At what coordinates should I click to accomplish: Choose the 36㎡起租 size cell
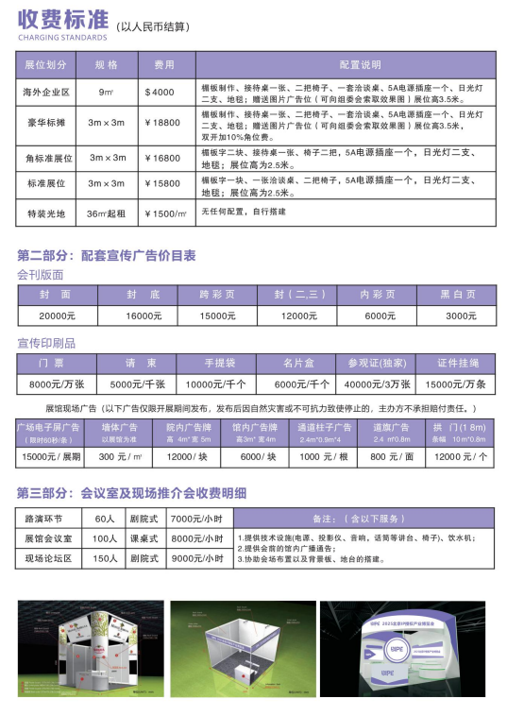pos(107,214)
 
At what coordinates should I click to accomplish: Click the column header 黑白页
pos(461,295)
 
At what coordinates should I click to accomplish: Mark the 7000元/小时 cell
pos(196,519)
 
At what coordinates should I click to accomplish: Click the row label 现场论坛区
pos(48,558)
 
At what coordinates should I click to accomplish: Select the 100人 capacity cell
pos(104,538)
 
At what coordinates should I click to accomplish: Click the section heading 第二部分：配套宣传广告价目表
pos(106,255)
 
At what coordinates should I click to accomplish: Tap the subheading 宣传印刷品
pos(46,342)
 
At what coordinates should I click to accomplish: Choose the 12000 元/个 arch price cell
pos(461,457)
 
